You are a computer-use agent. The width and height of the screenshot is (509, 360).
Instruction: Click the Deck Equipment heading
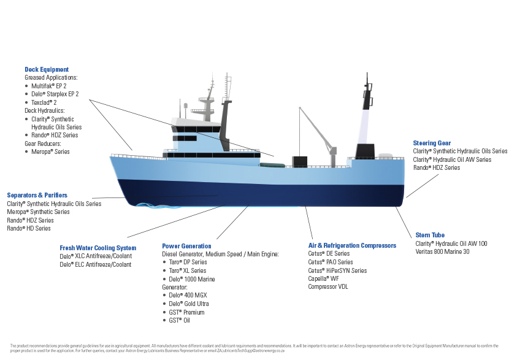pos(47,69)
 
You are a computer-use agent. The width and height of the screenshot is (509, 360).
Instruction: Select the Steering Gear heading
pos(432,143)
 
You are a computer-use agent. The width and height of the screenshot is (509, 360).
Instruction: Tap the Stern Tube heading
pos(430,235)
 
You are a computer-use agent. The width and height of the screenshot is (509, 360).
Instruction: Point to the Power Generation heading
pos(186,246)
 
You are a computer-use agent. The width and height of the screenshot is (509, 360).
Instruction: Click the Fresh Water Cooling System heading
pos(98,248)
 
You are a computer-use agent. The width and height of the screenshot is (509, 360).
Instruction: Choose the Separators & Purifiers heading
pos(37,195)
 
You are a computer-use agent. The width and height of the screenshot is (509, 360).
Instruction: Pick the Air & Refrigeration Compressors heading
pos(352,245)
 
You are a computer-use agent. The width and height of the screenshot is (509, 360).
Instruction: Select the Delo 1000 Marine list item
pos(192,279)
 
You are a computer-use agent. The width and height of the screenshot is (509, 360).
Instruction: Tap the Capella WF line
pos(323,278)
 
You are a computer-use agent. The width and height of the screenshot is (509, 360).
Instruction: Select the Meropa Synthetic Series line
pos(38,212)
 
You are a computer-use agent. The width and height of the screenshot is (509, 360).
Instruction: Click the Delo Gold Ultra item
pos(189,304)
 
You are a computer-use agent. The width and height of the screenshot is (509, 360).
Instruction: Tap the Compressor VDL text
pos(327,286)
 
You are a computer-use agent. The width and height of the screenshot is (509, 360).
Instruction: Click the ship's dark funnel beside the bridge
pos(228,123)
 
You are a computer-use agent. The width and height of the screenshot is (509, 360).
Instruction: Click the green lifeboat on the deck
pos(271,164)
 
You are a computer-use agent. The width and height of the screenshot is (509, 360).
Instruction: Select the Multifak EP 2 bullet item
pos(48,86)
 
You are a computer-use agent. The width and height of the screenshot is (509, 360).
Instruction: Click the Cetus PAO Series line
pos(329,262)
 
